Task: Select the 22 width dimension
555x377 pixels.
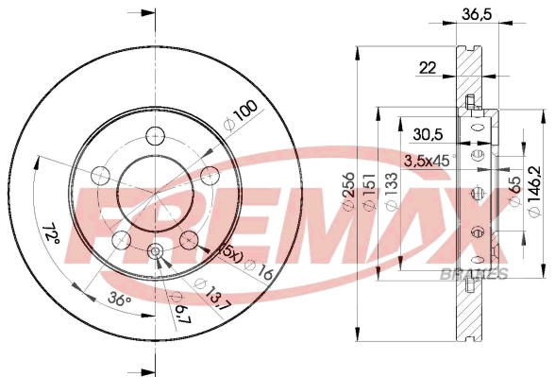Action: click(428, 66)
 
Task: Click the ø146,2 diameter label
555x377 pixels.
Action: click(535, 193)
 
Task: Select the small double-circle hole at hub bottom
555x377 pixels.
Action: click(156, 251)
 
